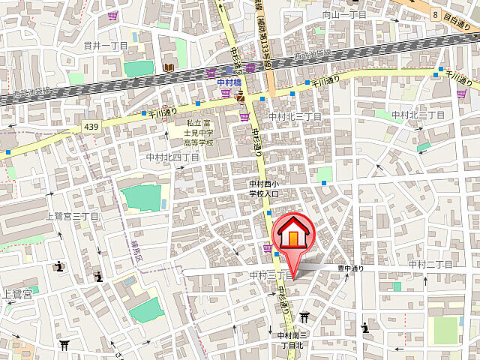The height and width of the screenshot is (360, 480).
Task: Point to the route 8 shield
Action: pos(434,13)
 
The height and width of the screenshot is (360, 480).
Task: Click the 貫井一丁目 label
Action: pos(106,46)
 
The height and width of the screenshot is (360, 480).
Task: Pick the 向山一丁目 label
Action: pos(344,14)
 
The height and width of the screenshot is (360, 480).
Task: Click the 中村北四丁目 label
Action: pos(172,157)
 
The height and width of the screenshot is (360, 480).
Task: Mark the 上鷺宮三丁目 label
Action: pos(73,216)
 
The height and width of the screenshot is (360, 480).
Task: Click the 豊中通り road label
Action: pos(350,267)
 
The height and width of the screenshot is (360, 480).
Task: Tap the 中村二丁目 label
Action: pos(430,265)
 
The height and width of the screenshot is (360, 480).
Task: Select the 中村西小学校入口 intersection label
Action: pos(264,188)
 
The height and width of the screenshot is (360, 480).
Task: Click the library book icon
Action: pos(168,68)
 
